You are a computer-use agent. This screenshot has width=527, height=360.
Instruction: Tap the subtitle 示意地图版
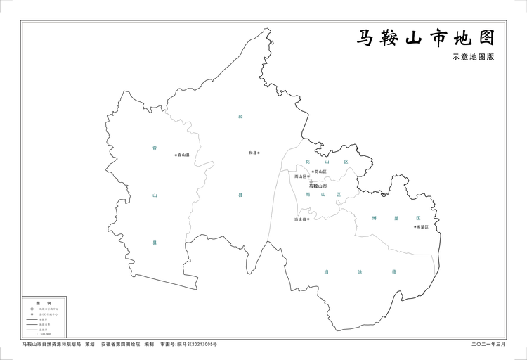coord(473,58)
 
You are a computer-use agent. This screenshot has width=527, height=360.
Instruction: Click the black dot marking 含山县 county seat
coord(176,155)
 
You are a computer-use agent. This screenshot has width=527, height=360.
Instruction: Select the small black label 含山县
coord(185,155)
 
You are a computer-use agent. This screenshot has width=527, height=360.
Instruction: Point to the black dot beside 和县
coord(259,153)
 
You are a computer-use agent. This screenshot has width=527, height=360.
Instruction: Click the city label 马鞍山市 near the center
coord(318,186)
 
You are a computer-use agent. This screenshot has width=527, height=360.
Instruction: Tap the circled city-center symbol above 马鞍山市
coord(311,181)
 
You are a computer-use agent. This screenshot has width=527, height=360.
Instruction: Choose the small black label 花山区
coord(320,172)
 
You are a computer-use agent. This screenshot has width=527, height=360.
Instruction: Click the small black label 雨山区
coord(301,176)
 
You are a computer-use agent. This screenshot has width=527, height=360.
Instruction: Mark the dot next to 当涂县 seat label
coord(308,219)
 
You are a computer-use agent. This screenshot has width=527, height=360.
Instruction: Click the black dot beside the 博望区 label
coord(415,226)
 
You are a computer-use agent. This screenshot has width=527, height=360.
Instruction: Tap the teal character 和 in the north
coord(240,116)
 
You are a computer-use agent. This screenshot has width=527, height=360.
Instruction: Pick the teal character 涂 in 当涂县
coord(359,271)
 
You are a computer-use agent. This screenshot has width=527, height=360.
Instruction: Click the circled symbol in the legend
coord(32,308)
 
